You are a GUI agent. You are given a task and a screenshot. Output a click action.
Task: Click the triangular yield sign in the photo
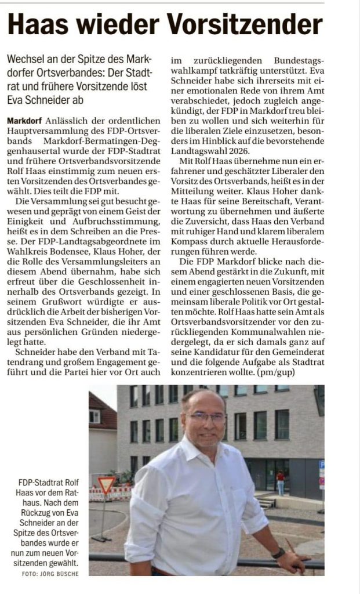[x=106, y=484]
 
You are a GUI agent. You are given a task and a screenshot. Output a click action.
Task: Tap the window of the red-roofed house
[x=94, y=416]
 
